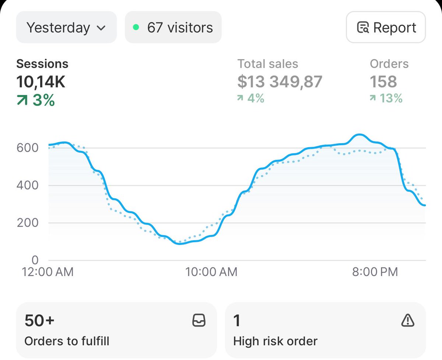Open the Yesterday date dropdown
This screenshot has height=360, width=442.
click(66, 28)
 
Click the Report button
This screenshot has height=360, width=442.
click(386, 28)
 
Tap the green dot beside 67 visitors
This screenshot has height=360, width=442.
click(136, 28)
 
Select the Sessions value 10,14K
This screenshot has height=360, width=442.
click(41, 82)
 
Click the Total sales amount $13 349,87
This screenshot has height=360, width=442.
click(280, 82)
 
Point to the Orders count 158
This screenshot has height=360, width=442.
click(383, 82)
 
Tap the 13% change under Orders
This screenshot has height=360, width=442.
click(386, 98)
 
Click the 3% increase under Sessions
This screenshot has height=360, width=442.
click(36, 100)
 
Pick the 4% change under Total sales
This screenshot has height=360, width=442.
click(251, 98)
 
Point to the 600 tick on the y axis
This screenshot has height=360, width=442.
click(27, 148)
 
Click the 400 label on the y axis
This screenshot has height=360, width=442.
click(27, 185)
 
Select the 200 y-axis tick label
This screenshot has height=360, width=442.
click(27, 223)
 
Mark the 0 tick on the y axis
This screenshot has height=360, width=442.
click(35, 260)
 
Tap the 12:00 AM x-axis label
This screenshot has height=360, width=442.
click(48, 272)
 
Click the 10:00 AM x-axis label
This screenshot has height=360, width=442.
click(211, 272)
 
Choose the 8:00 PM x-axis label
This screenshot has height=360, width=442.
click(375, 272)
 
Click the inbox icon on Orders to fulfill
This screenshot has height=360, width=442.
click(199, 321)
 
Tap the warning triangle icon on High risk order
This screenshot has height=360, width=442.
click(407, 321)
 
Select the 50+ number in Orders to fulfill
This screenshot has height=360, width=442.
click(39, 321)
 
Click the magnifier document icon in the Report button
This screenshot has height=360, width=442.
click(363, 28)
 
